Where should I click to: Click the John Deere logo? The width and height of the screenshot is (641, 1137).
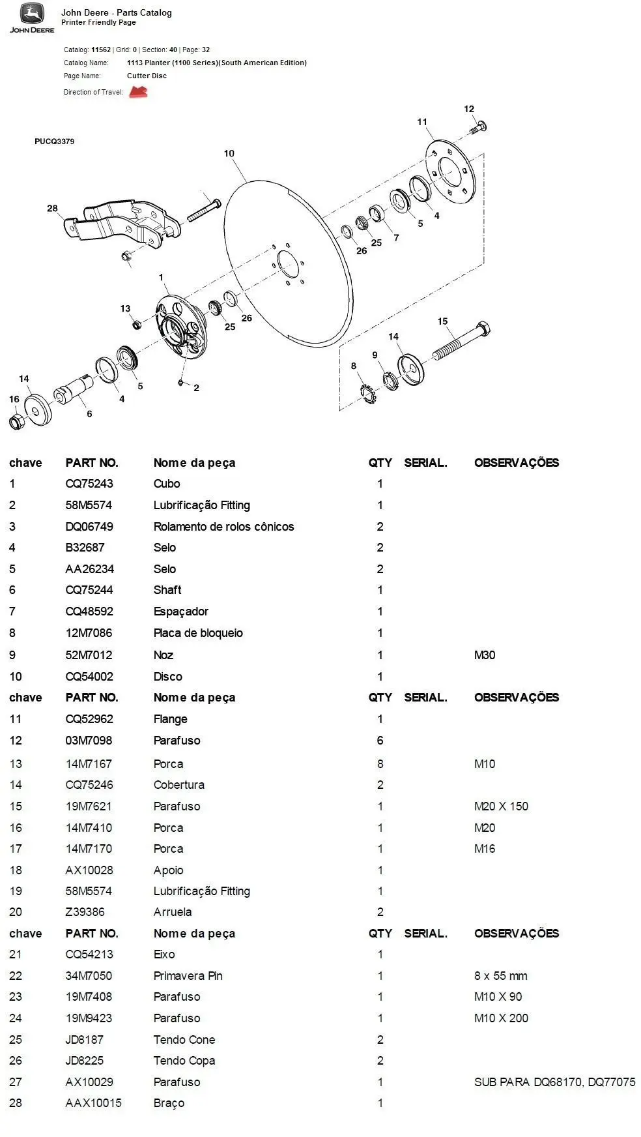(31, 17)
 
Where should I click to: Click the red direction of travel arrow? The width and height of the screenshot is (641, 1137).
(138, 92)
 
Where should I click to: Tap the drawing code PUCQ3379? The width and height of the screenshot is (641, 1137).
(54, 141)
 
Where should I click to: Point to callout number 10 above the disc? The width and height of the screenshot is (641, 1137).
(229, 154)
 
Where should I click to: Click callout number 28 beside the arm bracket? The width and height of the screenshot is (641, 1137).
(52, 209)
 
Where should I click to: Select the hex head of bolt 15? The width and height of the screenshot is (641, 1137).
(483, 329)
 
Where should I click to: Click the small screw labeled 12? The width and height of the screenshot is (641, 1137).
(479, 127)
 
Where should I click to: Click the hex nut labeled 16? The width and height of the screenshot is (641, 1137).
(17, 421)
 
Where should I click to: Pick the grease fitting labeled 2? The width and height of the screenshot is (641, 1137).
(181, 382)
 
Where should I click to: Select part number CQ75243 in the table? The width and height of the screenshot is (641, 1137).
(89, 484)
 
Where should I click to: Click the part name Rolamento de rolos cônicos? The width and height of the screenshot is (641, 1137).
(223, 527)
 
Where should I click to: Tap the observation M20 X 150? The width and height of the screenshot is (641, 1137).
(501, 806)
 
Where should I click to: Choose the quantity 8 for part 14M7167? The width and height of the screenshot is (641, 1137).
(380, 764)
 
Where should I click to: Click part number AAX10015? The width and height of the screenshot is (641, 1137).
(93, 1103)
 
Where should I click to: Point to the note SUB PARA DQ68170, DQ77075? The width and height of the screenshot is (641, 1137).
(554, 1082)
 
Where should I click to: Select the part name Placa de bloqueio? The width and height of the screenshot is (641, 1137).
(198, 633)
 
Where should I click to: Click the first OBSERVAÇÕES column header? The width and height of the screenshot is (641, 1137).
(516, 463)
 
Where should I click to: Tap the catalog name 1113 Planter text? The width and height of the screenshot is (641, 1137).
(216, 63)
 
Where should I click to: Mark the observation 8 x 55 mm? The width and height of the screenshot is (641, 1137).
(500, 976)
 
